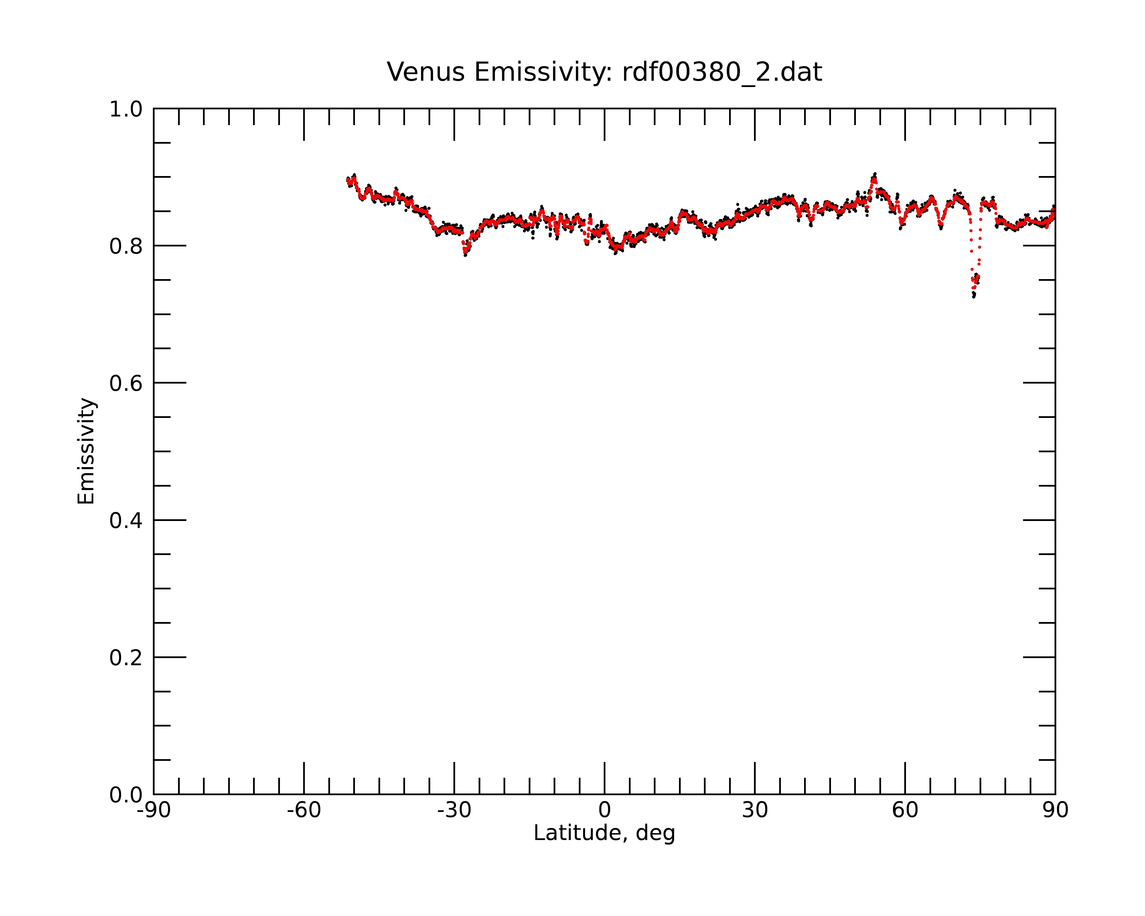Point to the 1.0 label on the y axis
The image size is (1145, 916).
tap(126, 109)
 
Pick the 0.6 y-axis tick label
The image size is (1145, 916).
tap(126, 383)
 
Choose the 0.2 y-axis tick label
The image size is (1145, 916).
tap(126, 658)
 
